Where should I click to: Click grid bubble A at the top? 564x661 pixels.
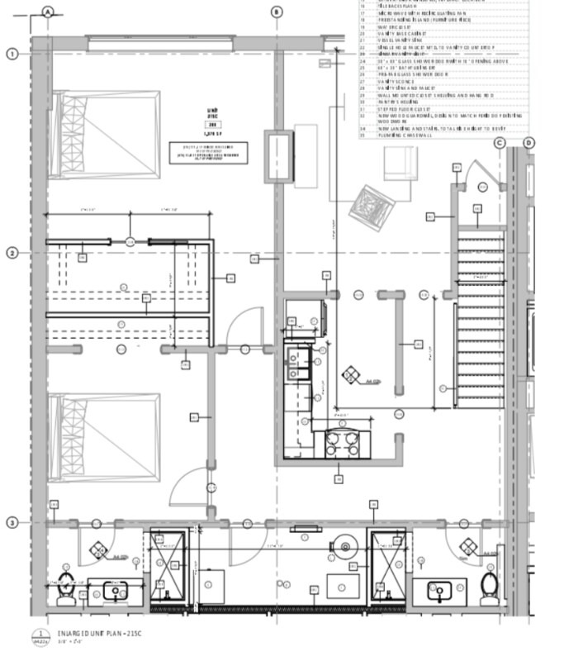pos(48,12)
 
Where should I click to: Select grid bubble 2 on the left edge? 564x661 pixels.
pos(12,253)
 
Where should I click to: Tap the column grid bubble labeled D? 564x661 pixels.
pos(529,143)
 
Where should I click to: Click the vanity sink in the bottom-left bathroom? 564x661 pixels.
pos(115,589)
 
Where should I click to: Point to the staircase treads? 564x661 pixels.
pos(479,314)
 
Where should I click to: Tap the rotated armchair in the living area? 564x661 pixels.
pos(369,203)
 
